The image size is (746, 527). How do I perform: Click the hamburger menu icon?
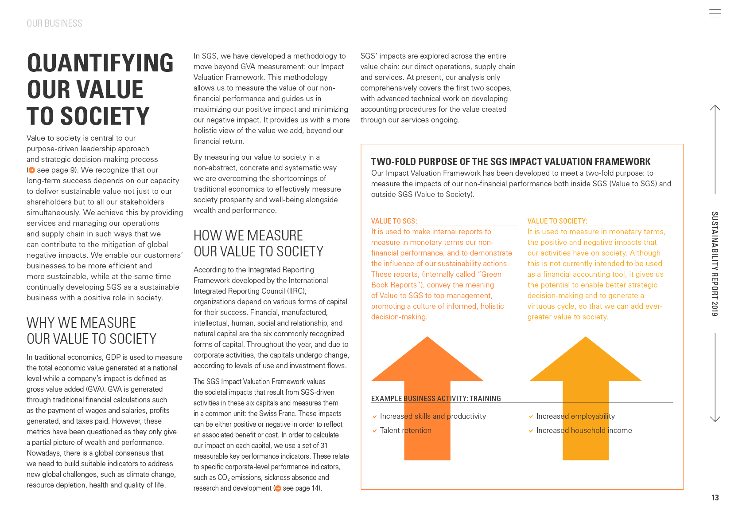(x=715, y=13)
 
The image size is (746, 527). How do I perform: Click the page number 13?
(x=715, y=498)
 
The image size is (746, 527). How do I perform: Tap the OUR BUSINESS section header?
(x=54, y=24)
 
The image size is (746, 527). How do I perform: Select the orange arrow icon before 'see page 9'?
(x=31, y=170)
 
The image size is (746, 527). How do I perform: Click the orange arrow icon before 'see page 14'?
(x=278, y=488)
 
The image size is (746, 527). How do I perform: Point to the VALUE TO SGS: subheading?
(x=394, y=221)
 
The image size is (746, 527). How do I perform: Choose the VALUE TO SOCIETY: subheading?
(x=557, y=221)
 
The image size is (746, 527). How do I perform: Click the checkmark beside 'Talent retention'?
(x=375, y=431)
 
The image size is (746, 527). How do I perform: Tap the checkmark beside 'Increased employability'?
(x=531, y=416)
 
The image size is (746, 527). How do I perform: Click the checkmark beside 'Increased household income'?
(x=531, y=431)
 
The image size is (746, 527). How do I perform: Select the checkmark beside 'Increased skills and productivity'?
(x=375, y=416)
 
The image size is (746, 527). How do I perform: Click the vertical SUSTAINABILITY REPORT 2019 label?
(x=715, y=263)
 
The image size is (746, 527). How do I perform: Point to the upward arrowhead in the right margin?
(x=715, y=108)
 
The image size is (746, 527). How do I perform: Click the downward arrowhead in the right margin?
(x=715, y=419)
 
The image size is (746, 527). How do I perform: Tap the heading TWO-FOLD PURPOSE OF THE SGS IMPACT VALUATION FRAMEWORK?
(x=510, y=162)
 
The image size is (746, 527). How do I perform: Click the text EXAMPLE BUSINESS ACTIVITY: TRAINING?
(x=436, y=398)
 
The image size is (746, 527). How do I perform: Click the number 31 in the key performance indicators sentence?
(x=324, y=446)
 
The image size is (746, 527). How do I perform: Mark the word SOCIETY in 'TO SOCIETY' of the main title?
(x=105, y=116)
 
